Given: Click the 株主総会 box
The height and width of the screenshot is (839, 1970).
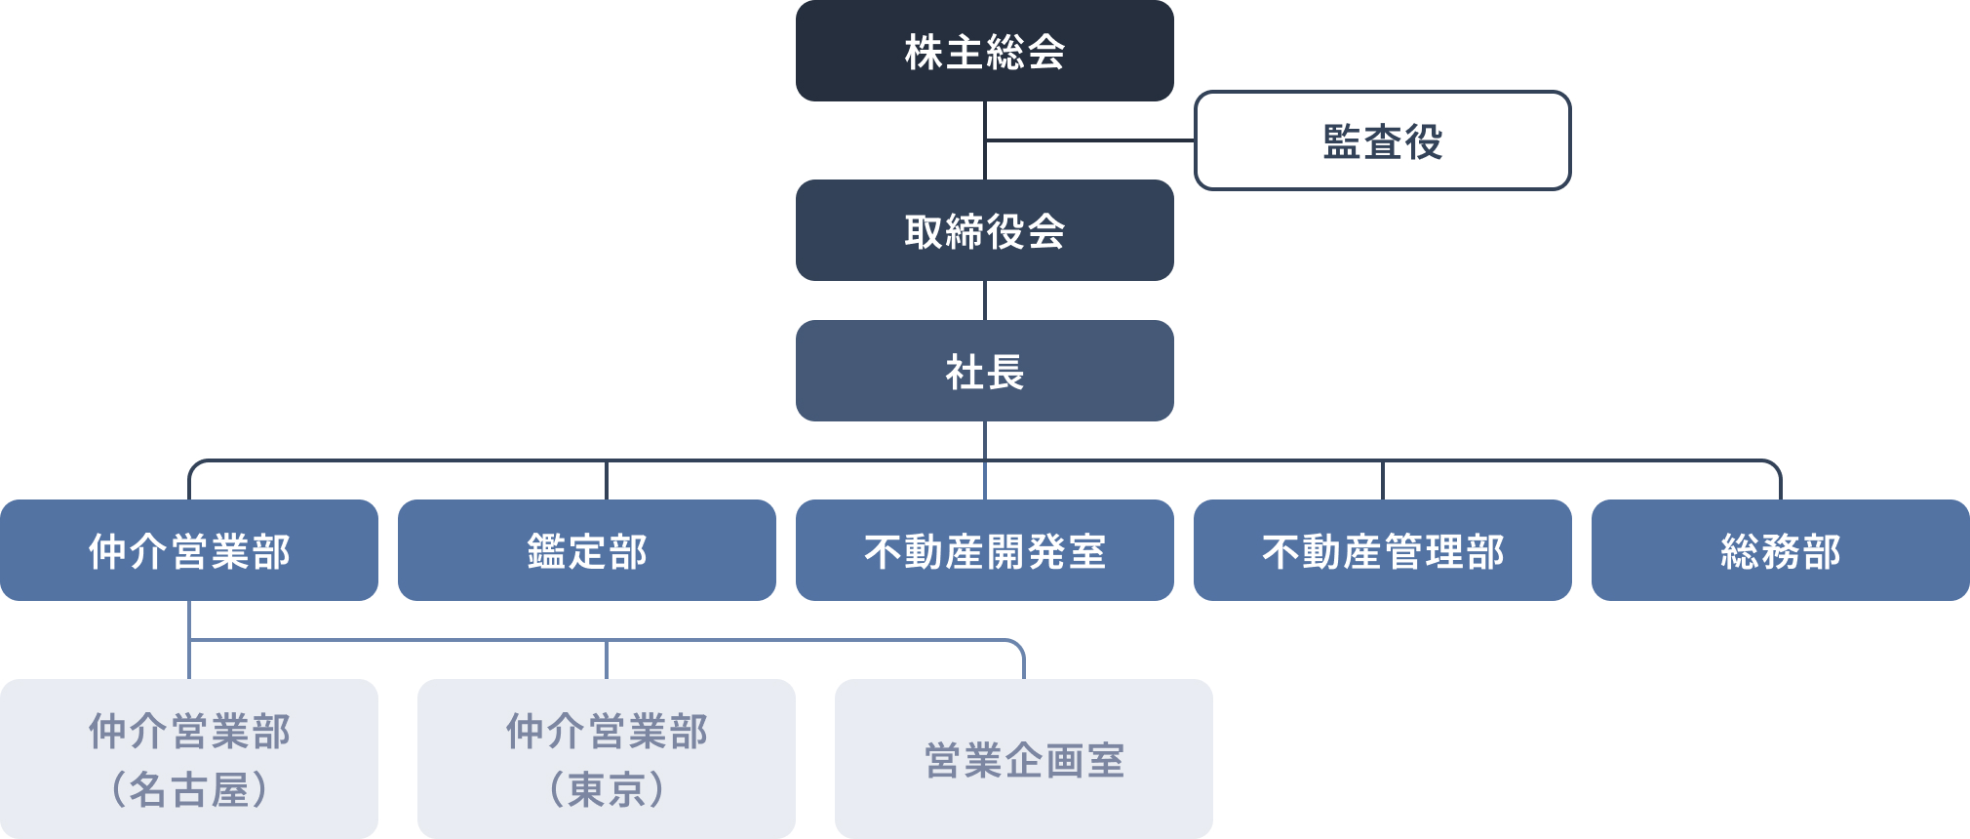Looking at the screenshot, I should tap(985, 51).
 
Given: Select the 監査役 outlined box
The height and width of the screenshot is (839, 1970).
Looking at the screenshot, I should tap(1382, 140).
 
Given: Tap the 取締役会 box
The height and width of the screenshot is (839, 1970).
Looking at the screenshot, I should tap(985, 230).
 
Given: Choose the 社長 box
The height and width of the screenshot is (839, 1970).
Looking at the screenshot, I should tap(985, 371).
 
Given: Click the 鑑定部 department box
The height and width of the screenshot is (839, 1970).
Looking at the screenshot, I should tap(587, 550).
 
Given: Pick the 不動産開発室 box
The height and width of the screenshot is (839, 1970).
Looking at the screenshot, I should tap(985, 550).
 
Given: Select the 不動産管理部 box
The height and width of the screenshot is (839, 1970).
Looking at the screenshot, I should tap(1382, 550).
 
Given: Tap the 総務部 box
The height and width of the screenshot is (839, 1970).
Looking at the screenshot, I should tap(1780, 550).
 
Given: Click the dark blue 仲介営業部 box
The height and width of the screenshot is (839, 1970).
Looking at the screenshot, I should tap(189, 550).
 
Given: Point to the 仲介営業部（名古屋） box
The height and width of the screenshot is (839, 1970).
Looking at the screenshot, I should tap(189, 759).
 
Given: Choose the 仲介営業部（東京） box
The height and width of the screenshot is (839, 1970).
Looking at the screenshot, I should tap(607, 759).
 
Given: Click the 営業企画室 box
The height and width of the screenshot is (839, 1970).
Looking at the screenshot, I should tap(1024, 759).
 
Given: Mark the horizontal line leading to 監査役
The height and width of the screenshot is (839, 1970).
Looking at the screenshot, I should tap(1090, 140).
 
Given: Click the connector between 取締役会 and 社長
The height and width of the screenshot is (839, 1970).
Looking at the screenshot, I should tap(985, 300).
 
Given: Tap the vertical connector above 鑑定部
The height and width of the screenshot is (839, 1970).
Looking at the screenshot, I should tap(607, 480).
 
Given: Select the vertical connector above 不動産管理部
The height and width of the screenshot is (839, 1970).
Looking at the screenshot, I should tap(1383, 480).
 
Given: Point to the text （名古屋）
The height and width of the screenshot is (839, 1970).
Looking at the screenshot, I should tap(189, 788).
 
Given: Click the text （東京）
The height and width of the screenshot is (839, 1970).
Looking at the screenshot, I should tap(607, 788).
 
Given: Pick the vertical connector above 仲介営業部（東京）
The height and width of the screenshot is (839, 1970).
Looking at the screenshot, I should tap(607, 659).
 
